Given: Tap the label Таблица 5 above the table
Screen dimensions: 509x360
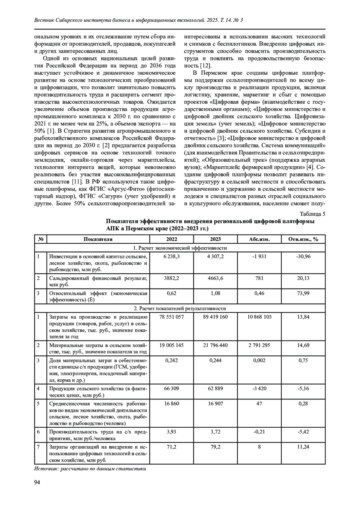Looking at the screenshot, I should (312, 214).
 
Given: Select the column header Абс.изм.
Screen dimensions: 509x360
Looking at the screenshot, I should (259, 239).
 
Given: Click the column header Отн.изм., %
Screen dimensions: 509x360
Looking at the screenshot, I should (303, 239).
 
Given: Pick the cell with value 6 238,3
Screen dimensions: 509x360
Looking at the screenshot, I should (172, 256).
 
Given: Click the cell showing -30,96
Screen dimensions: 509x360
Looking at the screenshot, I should (303, 256).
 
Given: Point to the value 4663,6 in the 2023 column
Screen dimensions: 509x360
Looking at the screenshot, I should (215, 278).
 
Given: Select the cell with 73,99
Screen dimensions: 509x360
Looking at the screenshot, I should (303, 293).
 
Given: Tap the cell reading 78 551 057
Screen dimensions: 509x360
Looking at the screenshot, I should (172, 317).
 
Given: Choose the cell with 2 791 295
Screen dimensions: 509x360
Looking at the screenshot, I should (259, 345).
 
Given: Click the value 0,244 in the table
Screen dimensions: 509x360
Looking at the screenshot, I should (215, 360).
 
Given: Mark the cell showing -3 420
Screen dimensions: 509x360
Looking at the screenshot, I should (259, 388).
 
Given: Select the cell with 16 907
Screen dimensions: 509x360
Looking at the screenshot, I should (215, 403).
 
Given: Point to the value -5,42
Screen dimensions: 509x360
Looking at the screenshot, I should (303, 432).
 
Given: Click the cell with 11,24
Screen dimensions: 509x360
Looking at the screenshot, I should (303, 447).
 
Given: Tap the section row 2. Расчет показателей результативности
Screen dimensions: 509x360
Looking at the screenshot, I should (180, 308).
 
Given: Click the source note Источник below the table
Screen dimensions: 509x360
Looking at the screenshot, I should (90, 469).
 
